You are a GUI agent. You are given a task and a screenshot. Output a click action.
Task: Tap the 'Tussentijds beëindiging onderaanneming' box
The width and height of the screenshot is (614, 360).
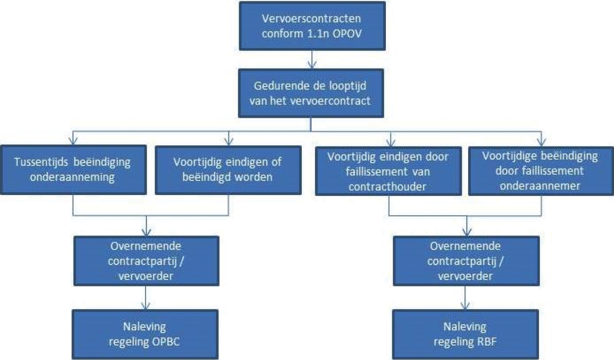(73, 170)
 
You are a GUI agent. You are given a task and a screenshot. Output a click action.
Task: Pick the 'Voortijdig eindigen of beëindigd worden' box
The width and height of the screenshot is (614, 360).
(228, 170)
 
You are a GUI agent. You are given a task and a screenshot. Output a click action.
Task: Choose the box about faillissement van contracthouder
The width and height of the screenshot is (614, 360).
(389, 170)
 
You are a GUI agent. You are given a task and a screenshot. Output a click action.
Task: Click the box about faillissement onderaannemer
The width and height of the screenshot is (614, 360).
(539, 170)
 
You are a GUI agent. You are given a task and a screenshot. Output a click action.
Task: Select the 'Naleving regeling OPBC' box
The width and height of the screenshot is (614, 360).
(145, 334)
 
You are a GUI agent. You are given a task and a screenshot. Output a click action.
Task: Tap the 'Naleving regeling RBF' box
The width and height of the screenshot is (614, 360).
(464, 334)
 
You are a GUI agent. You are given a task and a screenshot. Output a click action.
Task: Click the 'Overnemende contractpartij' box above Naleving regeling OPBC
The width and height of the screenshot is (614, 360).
(146, 260)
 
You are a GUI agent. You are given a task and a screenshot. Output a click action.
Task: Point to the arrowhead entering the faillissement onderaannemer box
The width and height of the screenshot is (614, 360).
(540, 139)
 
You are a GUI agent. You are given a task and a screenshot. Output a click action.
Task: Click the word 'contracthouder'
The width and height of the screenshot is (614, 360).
(389, 185)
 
